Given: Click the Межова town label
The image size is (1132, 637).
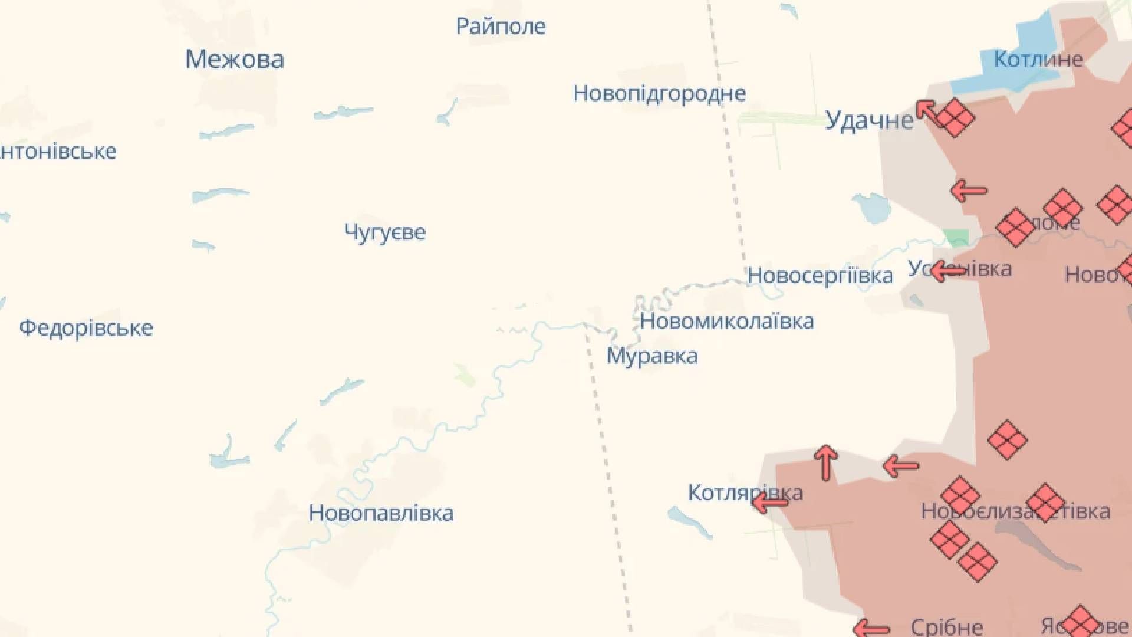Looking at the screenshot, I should [235, 60].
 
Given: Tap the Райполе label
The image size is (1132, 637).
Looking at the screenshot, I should [501, 26].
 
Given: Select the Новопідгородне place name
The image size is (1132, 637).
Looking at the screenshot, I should [659, 93].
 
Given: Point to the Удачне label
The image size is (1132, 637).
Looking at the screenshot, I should [868, 120].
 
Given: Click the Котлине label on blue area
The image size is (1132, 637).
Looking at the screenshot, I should [1038, 59].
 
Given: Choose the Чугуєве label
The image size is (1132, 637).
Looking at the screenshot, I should [384, 232].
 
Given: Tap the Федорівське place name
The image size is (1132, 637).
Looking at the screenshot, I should [86, 328].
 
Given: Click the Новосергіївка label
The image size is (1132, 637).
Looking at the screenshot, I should [820, 275].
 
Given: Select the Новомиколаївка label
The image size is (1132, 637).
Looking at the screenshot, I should [727, 321].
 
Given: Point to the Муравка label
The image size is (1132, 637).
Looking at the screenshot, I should [652, 356].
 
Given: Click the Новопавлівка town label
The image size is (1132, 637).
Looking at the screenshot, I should [381, 513].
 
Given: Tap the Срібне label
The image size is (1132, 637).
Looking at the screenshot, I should [946, 626].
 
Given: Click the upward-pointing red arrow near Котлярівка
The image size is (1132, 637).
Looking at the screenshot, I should [826, 462].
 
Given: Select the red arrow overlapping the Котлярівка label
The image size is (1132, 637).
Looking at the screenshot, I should [769, 503].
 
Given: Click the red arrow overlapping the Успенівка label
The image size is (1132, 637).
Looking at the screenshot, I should [947, 271].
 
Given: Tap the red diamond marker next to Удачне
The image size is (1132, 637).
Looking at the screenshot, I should [955, 117].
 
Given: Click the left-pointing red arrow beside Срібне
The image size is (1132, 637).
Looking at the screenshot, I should [871, 628].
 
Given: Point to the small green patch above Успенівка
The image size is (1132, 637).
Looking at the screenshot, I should [956, 237].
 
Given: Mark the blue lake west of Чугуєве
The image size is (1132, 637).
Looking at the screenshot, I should [219, 194].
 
